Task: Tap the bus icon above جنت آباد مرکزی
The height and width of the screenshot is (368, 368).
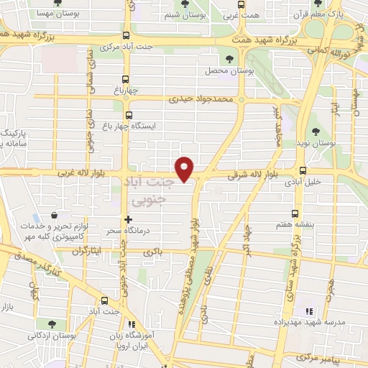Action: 126,36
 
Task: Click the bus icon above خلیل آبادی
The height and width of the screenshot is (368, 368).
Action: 303,170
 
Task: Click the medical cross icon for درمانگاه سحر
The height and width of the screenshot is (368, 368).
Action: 128,219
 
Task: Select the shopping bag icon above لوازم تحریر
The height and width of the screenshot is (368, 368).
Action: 55,215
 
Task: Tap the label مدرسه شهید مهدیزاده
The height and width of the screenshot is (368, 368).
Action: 316,323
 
